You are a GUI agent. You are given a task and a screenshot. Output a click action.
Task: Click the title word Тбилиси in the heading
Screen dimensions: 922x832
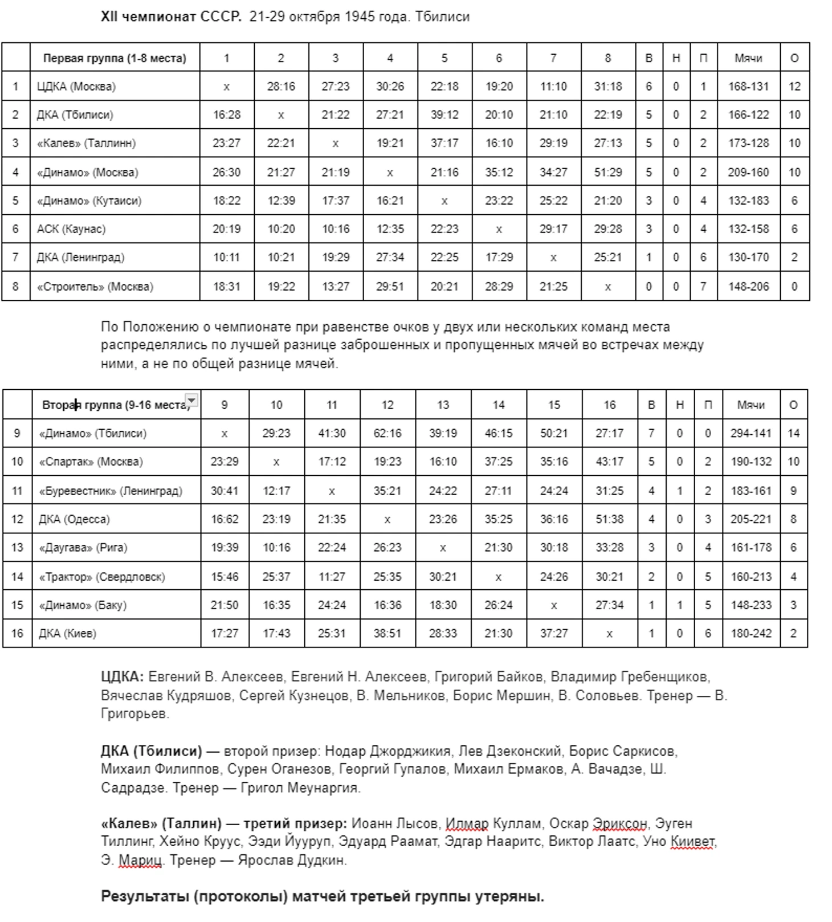coord(442,17)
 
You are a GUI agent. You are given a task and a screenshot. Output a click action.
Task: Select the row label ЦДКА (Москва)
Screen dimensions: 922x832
coord(76,87)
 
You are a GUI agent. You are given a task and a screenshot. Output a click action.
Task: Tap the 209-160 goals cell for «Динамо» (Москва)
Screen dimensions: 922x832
coord(748,172)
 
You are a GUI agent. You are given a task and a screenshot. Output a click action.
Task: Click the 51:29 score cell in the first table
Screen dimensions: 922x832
coord(607,172)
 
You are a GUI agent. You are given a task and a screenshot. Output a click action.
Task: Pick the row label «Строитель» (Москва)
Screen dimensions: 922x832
coord(95,287)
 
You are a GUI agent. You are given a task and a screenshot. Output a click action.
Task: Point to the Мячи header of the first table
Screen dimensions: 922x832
coord(748,58)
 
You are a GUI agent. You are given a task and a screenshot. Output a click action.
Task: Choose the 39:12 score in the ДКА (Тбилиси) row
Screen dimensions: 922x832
coord(444,115)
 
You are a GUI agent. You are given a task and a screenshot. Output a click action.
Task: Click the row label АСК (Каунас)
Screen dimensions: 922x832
coord(71,229)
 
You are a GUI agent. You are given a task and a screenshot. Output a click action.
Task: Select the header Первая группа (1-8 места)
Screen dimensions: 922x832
coord(115,58)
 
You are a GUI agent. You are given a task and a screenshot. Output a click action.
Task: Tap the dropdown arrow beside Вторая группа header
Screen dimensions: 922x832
coord(193,401)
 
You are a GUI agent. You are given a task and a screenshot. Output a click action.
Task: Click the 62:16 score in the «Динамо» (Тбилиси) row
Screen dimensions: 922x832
coord(387,434)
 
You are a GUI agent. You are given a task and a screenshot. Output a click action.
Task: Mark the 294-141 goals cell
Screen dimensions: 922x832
coord(751,434)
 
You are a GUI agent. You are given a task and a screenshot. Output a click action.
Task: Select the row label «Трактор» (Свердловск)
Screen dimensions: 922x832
coord(101,577)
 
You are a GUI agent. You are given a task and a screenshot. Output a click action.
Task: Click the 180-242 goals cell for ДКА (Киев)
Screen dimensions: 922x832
coord(751,634)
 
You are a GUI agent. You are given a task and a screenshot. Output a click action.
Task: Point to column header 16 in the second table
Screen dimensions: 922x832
coord(609,405)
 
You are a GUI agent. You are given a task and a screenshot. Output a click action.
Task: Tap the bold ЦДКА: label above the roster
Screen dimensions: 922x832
coord(122,677)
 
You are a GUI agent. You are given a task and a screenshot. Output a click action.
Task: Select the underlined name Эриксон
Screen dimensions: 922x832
coord(619,824)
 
